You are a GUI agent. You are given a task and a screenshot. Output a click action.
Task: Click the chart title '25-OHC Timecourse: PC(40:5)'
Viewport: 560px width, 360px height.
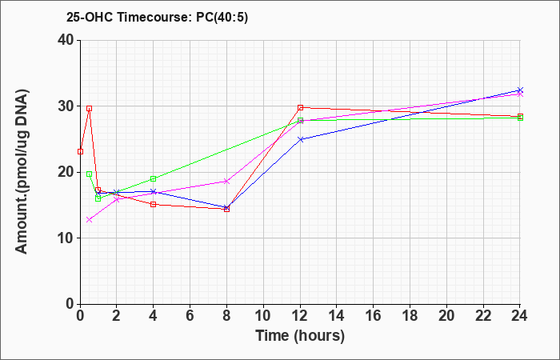[157, 17]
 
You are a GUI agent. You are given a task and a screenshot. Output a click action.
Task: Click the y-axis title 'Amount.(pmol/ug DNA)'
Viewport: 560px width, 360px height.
[22, 171]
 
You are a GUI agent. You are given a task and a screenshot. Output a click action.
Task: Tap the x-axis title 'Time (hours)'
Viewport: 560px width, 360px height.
[300, 336]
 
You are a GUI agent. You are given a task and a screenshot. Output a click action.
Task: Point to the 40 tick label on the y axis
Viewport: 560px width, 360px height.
[66, 40]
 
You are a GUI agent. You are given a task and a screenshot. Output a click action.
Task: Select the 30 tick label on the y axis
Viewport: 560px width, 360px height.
[66, 106]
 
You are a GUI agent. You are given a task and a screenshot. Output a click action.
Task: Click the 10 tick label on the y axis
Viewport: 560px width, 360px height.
[66, 238]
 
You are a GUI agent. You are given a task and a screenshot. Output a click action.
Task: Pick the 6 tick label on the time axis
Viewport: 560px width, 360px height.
[190, 316]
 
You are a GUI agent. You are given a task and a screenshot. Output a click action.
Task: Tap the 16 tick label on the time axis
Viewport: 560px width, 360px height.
[374, 316]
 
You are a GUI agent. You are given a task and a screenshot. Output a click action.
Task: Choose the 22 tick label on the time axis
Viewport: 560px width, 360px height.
[483, 316]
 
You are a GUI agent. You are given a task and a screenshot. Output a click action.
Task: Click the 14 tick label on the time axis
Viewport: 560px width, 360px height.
[337, 316]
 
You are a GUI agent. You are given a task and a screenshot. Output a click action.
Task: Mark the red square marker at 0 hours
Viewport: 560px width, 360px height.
[80, 151]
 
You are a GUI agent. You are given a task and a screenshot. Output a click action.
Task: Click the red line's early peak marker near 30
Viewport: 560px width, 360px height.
[90, 108]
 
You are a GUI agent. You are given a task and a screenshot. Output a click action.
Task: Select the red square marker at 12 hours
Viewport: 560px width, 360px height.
[300, 107]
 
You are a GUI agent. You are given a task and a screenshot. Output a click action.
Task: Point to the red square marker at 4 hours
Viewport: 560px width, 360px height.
[154, 204]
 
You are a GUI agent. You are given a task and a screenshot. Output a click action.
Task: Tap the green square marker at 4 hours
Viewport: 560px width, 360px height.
[154, 178]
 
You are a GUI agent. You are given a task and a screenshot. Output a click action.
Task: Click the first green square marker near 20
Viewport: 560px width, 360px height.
[90, 174]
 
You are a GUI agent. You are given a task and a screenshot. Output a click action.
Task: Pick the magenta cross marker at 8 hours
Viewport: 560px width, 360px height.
[226, 182]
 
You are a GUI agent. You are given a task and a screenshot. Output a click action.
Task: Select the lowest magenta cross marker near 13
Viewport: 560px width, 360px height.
[90, 220]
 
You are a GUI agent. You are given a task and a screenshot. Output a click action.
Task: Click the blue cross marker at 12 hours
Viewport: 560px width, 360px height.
[300, 139]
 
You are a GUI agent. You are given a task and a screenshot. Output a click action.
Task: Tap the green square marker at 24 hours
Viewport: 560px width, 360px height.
[520, 118]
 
